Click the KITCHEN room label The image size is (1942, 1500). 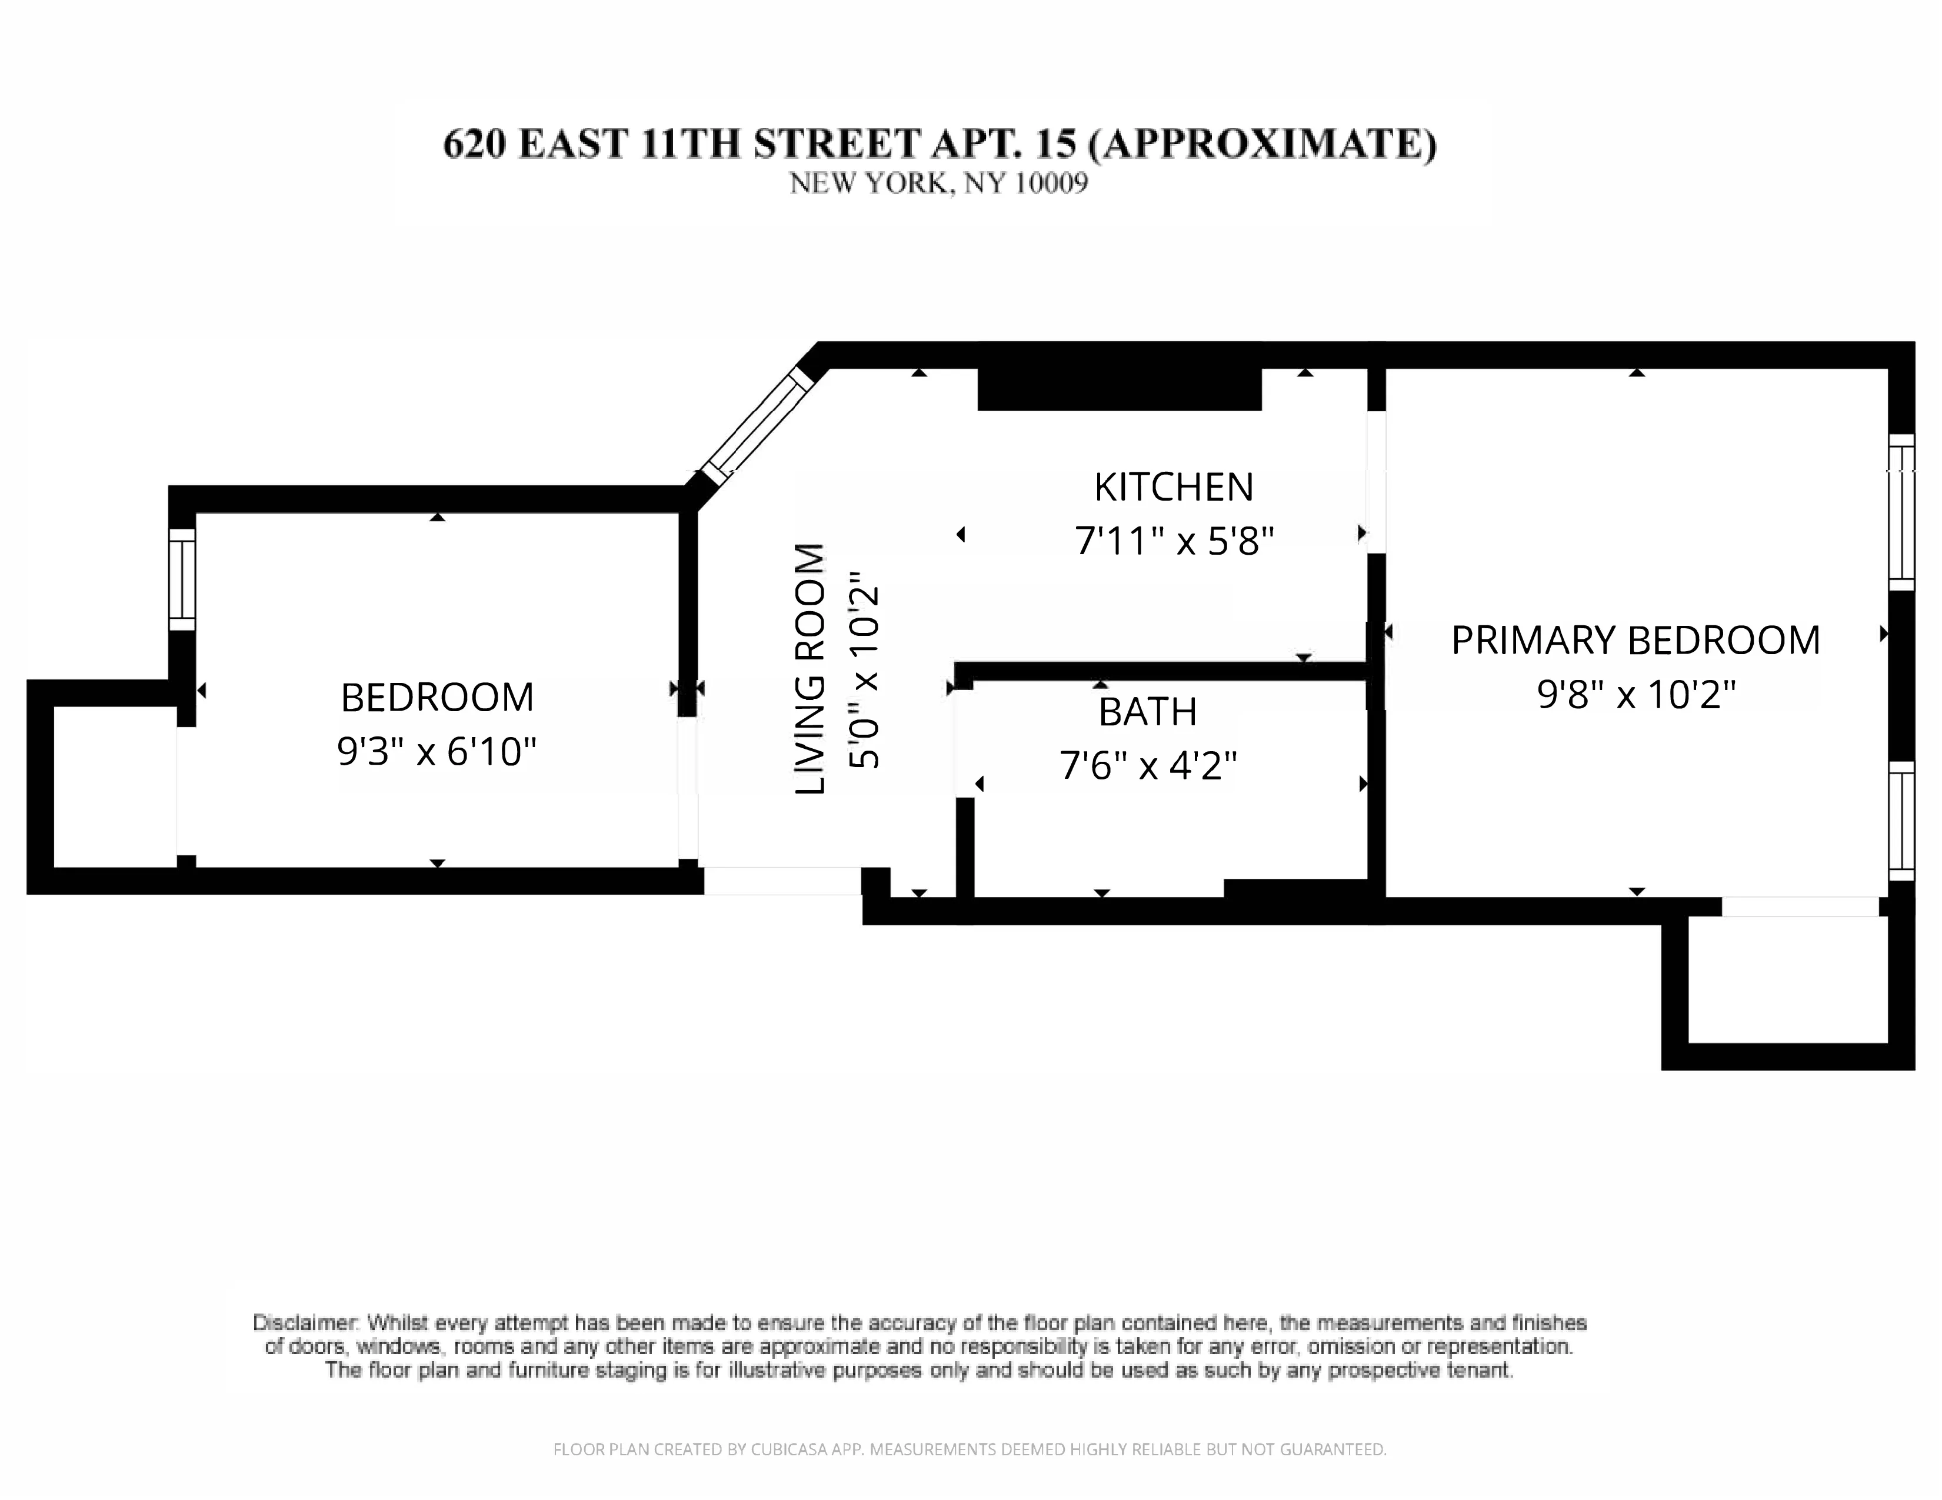[1173, 486]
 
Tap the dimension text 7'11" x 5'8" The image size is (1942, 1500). [1174, 540]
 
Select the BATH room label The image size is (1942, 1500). [1147, 711]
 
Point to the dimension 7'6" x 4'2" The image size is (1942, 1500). [1147, 765]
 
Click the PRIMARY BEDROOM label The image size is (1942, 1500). [1635, 640]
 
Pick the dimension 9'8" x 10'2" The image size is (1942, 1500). [1635, 694]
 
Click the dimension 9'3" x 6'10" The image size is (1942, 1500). [436, 751]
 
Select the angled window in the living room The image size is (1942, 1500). [757, 425]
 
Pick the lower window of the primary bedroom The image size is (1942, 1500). [1900, 820]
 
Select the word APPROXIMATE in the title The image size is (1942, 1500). [1261, 144]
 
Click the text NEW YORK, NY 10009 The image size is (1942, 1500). [938, 183]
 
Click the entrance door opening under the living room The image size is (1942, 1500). [782, 880]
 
